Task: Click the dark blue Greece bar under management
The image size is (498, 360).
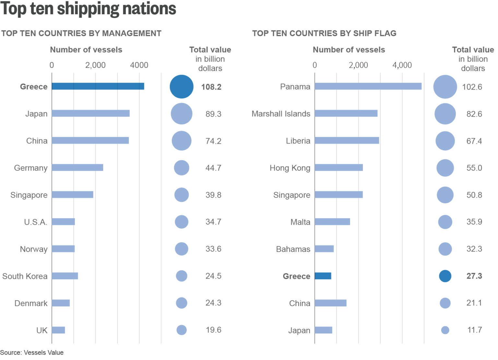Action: tap(98, 86)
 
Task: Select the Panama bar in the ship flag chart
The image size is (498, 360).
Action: tap(368, 86)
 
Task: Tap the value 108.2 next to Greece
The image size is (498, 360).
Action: tap(211, 87)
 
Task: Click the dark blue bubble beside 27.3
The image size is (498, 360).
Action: tap(445, 276)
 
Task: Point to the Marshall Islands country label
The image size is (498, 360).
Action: tap(281, 114)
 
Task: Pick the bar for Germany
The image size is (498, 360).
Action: tap(77, 168)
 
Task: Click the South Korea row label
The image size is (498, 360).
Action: tap(25, 276)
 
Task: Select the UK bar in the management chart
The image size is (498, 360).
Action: tap(58, 330)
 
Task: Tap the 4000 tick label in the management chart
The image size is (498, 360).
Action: tap(139, 65)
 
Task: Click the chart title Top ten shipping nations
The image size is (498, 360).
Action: tap(88, 9)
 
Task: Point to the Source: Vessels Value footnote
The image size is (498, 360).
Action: tap(32, 353)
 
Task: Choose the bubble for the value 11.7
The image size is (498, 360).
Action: tap(445, 330)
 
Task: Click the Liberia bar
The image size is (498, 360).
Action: tap(347, 141)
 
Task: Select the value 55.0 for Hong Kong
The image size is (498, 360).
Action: tap(474, 168)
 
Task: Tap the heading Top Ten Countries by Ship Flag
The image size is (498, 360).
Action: tap(324, 33)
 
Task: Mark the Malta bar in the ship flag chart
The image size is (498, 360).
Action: tap(332, 222)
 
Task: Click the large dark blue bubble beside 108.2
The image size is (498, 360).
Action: tap(182, 87)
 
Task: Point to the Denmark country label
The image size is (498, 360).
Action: tap(31, 303)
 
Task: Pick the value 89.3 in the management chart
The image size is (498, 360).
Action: tap(213, 114)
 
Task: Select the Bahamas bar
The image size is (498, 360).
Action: tap(324, 249)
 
